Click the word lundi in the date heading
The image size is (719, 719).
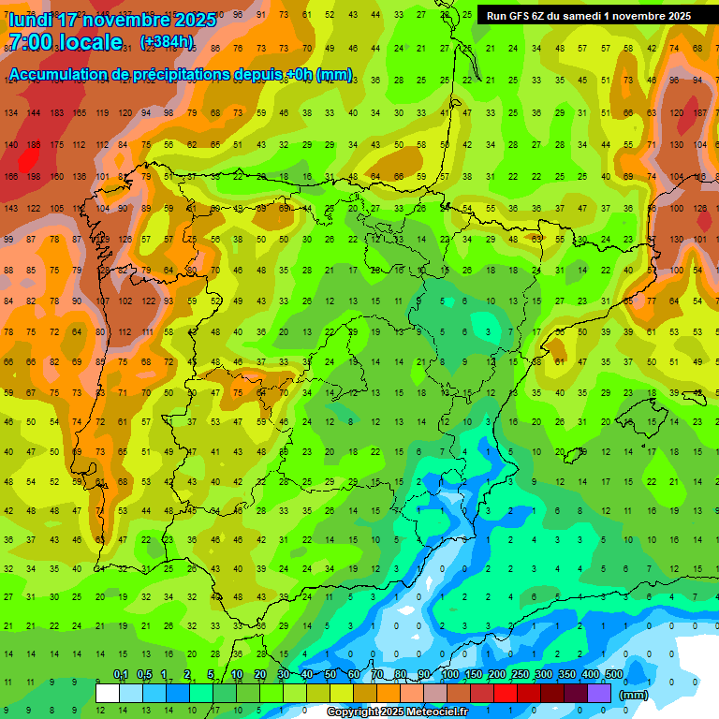coord(34,19)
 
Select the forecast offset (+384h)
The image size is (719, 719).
coord(167,42)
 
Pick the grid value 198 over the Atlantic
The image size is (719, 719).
coord(34,176)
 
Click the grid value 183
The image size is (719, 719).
coord(57,112)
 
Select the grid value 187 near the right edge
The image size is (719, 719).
coord(698,112)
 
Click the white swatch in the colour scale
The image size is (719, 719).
coord(108,693)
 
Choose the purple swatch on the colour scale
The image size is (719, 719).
coord(599,693)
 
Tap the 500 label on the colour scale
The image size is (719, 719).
coord(613,675)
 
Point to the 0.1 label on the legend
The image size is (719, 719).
coord(120,675)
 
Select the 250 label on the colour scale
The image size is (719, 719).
coord(520,675)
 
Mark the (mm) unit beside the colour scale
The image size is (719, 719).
coord(634,695)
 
